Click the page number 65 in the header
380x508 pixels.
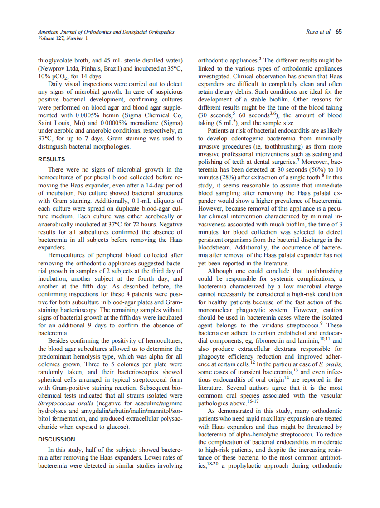(338, 32)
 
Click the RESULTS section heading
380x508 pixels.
(51, 159)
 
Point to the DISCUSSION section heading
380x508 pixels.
(57, 439)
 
